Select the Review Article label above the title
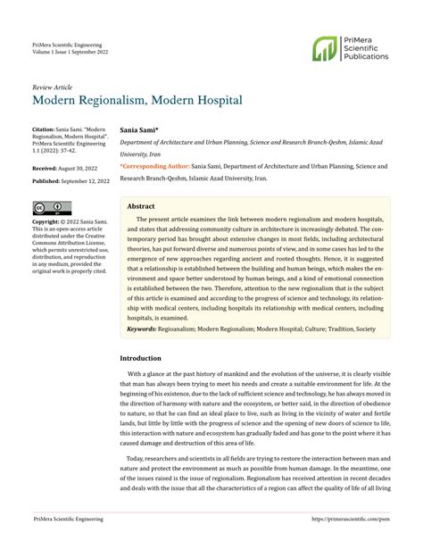52,87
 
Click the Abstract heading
142,204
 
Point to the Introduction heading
147,358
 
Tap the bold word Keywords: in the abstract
142,329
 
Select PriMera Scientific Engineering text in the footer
67,543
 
